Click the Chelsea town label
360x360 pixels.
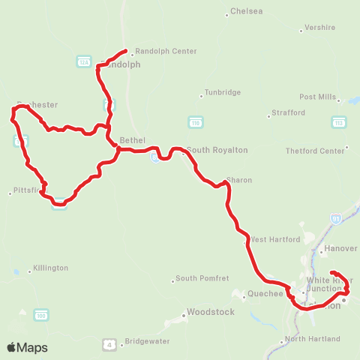[x=247, y=11]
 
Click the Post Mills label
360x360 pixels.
[x=317, y=97]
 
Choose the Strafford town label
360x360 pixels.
[x=289, y=112]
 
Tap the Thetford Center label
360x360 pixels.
[x=315, y=151]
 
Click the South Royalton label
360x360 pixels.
[x=206, y=150]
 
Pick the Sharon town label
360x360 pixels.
[x=239, y=180]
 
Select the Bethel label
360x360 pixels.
[x=132, y=139]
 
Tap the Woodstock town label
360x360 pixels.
[x=210, y=311]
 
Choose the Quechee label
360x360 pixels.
[x=264, y=293]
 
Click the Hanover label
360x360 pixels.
[x=342, y=247]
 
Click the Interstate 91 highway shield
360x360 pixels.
[x=335, y=218]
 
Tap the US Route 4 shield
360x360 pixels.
[x=109, y=344]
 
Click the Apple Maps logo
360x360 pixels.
[x=27, y=347]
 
